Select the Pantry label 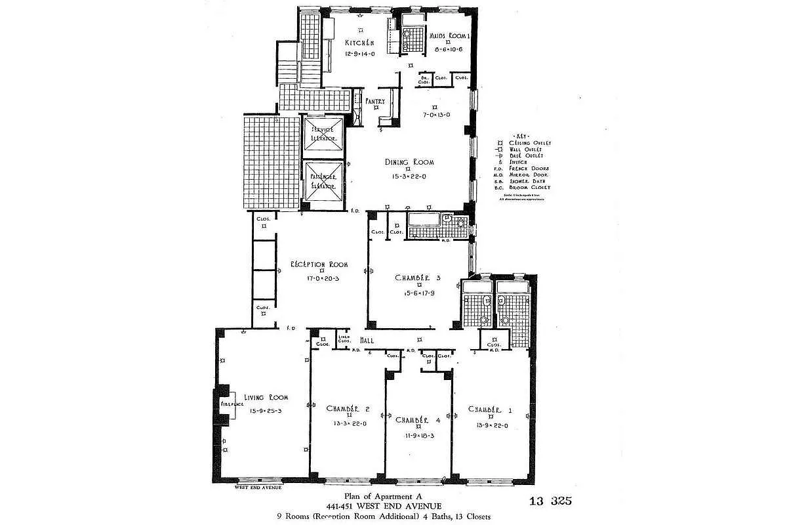[375, 101]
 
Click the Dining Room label [409, 162]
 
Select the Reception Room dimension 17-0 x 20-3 [319, 278]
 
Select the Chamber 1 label [490, 409]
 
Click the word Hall [367, 340]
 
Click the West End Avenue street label [258, 488]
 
